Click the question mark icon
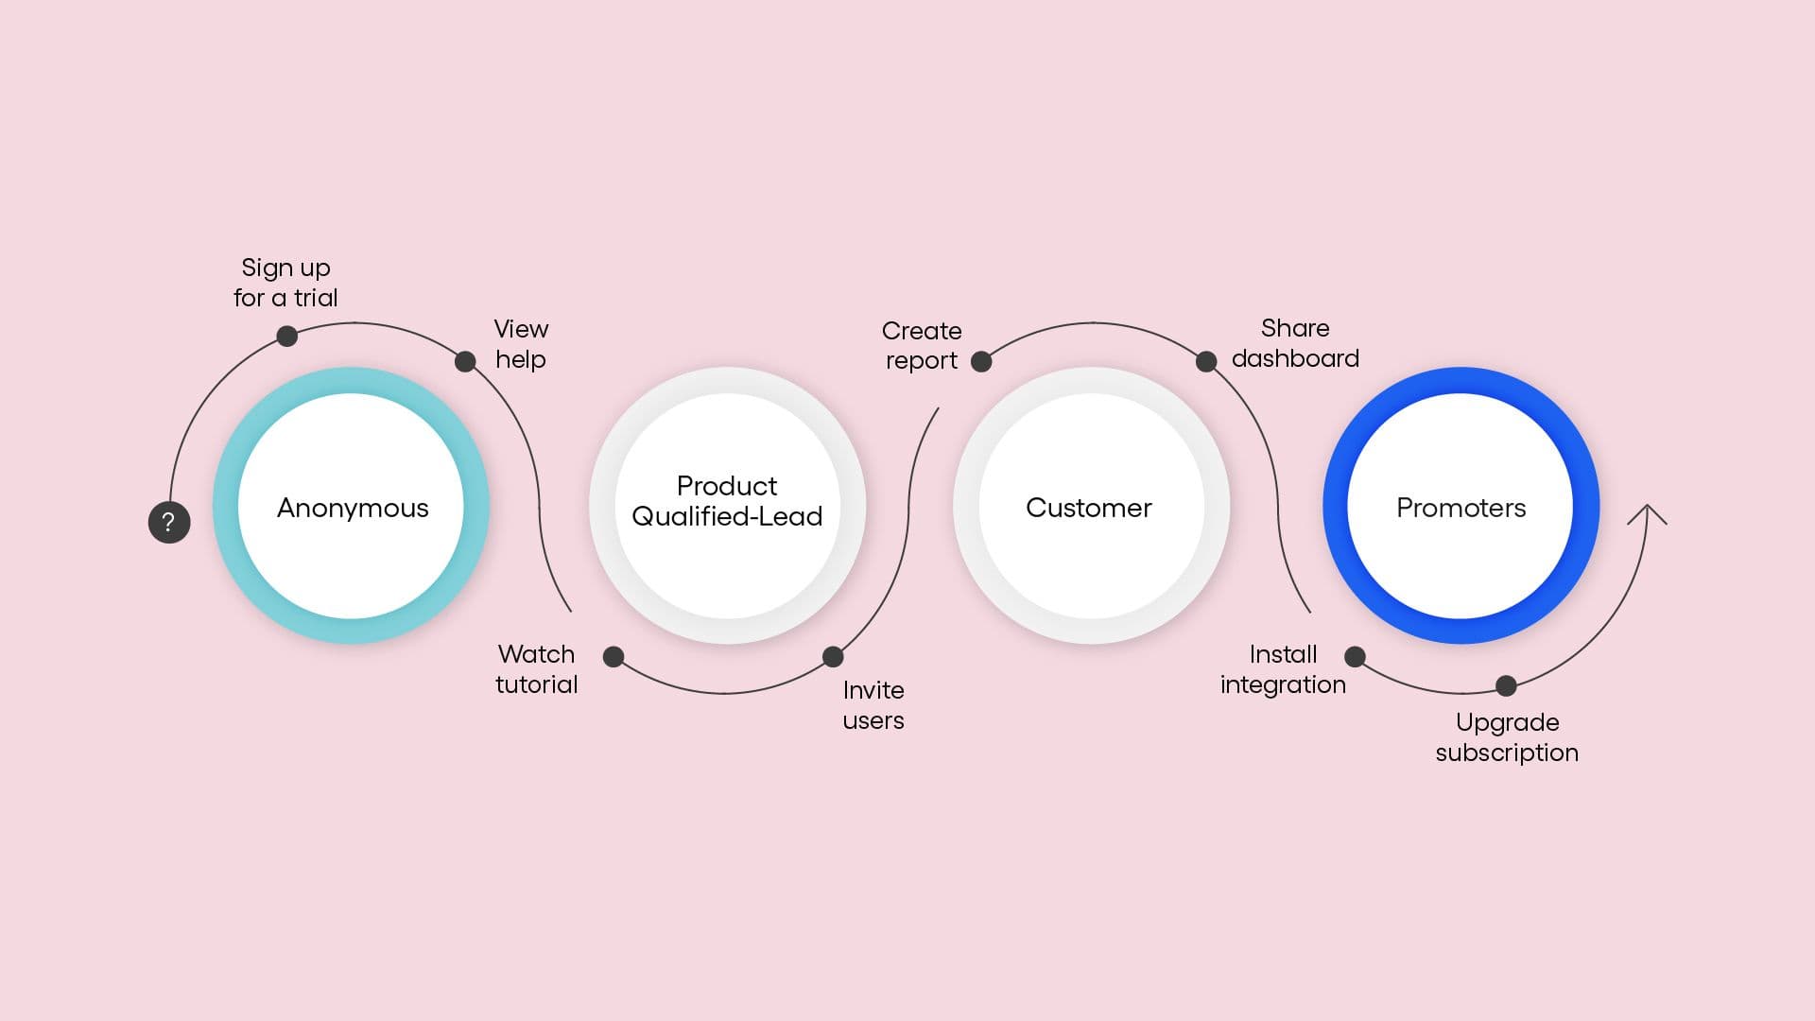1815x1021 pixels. (169, 522)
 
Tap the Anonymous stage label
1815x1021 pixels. (353, 508)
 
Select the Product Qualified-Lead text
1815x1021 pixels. (727, 501)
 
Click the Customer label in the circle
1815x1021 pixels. (1089, 508)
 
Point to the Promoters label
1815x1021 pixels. (1461, 508)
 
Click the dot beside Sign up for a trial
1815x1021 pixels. (287, 336)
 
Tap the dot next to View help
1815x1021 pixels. (465, 361)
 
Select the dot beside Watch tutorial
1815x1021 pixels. (614, 656)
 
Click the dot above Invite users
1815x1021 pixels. (833, 656)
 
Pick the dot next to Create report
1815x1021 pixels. (981, 361)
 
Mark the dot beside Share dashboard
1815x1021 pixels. (1206, 361)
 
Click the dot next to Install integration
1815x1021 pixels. (1355, 656)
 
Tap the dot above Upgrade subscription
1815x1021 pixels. (1506, 685)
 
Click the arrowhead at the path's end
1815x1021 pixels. (1647, 510)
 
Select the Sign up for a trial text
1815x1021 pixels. (285, 283)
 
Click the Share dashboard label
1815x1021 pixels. (1295, 343)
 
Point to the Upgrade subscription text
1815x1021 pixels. (1507, 737)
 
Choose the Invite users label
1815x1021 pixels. (873, 705)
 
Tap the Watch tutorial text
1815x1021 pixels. (536, 669)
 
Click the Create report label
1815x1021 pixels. (922, 345)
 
